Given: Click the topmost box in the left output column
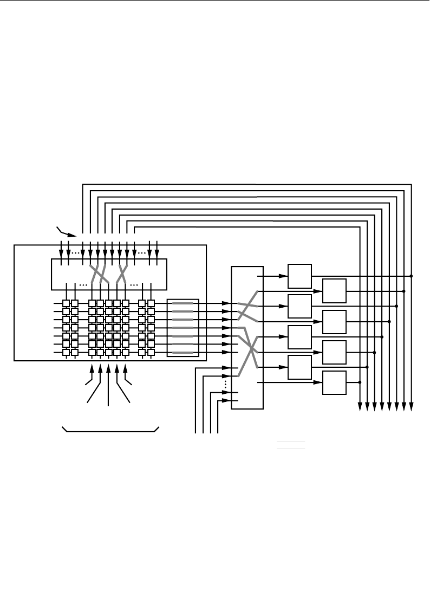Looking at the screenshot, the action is click(x=299, y=276).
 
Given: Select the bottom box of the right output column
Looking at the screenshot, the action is click(x=334, y=382).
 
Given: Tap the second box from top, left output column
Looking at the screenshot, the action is click(x=299, y=306).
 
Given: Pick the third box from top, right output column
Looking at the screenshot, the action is click(x=334, y=352).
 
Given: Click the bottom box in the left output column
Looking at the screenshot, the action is click(x=299, y=367).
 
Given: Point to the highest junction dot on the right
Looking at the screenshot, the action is click(x=412, y=276).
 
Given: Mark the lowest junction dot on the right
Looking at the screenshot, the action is click(x=361, y=382).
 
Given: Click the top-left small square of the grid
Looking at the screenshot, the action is click(x=66, y=303).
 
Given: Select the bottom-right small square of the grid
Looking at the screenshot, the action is click(x=151, y=352).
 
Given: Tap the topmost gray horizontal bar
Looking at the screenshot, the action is click(x=183, y=304).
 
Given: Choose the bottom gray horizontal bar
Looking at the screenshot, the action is click(x=183, y=353).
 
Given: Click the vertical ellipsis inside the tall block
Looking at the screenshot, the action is click(x=225, y=384).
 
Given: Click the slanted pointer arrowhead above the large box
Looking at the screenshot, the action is click(x=72, y=235).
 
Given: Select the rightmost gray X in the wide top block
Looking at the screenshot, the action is click(x=122, y=274).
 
